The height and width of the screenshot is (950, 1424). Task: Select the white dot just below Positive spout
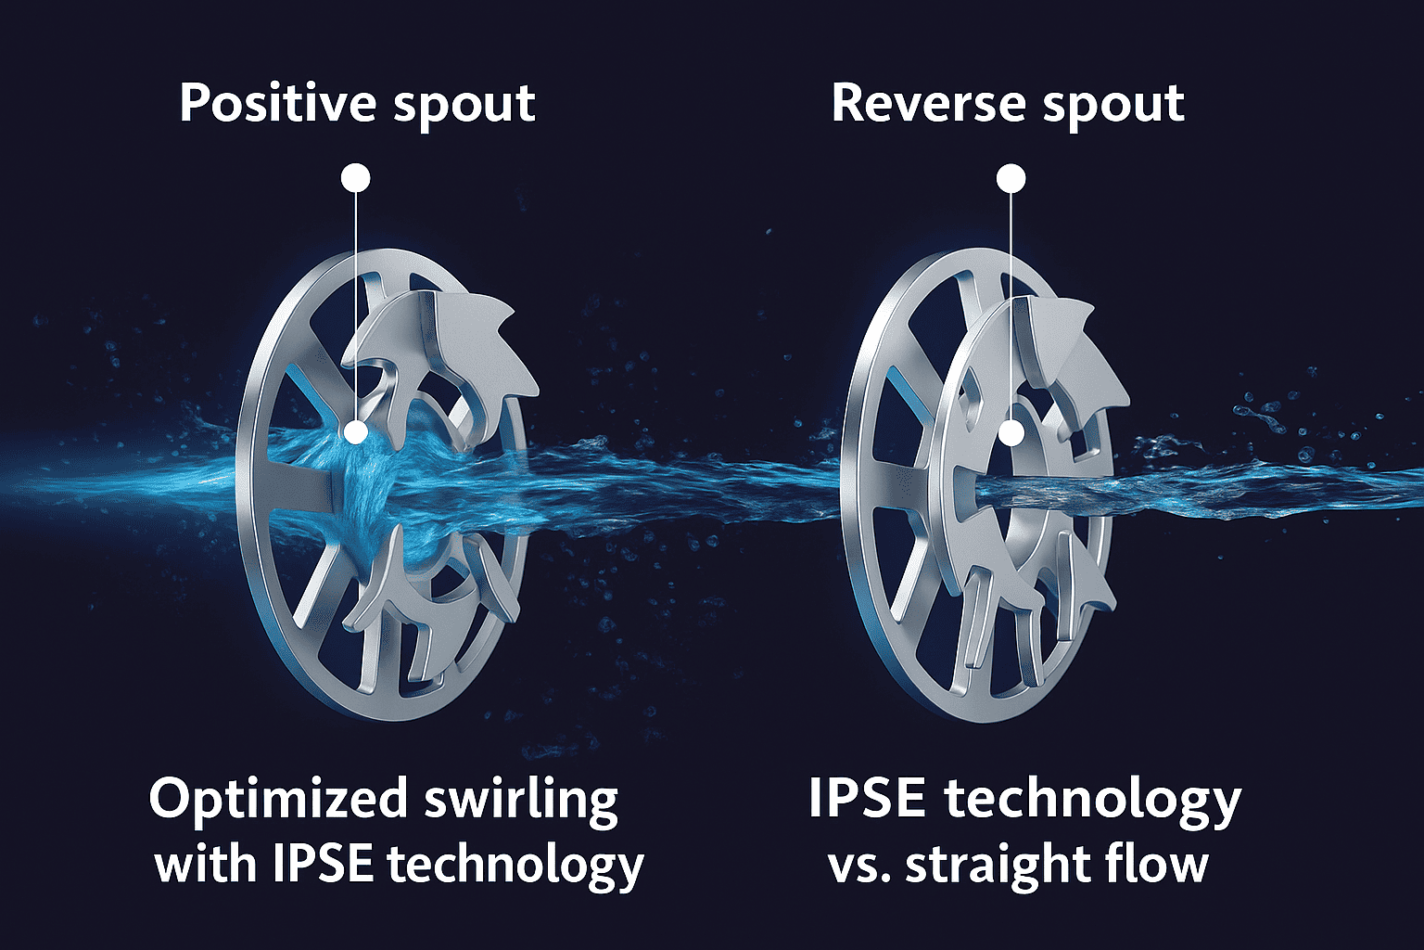(x=356, y=177)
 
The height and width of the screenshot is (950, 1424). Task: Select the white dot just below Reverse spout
(x=1011, y=177)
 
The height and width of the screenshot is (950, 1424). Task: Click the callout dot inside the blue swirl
(x=356, y=431)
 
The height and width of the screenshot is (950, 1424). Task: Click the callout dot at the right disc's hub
(x=1011, y=432)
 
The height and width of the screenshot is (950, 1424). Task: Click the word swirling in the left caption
(x=521, y=800)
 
